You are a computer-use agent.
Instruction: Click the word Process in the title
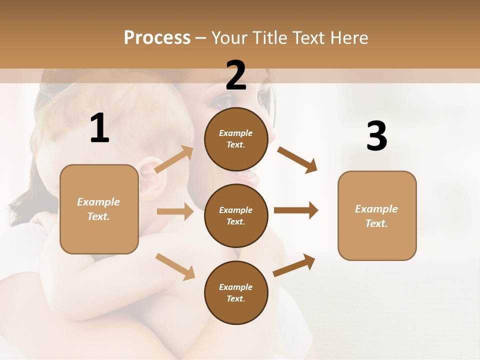157,38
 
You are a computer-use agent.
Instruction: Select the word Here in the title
348,38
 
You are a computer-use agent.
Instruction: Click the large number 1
99,128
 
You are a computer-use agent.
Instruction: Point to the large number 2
236,75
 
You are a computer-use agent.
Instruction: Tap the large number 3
376,136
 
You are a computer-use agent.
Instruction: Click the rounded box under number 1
99,209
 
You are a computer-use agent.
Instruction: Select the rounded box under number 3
377,216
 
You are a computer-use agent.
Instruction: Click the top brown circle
236,139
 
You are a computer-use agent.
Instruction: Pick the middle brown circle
236,215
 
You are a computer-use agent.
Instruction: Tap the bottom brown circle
236,292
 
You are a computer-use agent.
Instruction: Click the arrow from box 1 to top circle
174,159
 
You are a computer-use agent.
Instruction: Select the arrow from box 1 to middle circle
175,211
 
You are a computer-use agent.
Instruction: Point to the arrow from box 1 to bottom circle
175,266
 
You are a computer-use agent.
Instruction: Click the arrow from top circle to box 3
297,159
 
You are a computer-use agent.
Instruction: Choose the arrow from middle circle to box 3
295,210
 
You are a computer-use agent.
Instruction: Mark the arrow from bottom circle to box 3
294,265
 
